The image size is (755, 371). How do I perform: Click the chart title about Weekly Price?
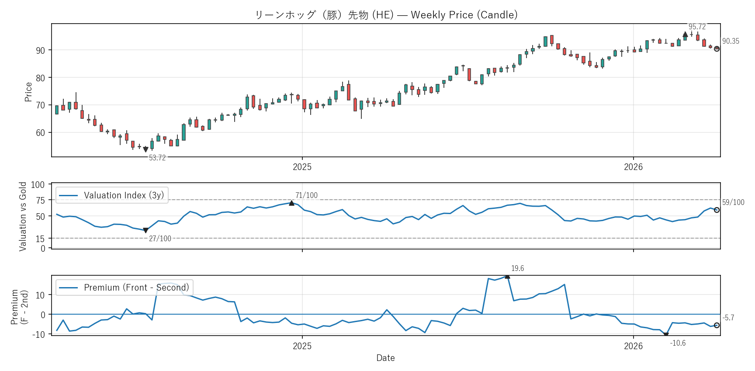point(386,15)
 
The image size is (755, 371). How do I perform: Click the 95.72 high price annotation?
point(697,27)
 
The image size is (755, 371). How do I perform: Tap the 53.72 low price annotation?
point(157,158)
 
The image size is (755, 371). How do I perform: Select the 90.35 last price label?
point(731,41)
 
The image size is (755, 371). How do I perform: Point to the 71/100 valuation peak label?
point(306,195)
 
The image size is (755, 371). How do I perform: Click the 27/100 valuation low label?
point(160,239)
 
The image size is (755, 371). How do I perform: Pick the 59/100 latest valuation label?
point(733,202)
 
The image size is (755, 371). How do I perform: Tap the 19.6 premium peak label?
point(517,268)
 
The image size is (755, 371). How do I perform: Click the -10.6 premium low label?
point(678,343)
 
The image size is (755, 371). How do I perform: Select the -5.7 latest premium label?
point(728,318)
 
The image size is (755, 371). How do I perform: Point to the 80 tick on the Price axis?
point(40,78)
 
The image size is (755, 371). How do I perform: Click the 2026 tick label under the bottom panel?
point(633,346)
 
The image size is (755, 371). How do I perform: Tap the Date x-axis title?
point(385,358)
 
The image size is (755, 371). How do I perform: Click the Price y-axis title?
point(28,92)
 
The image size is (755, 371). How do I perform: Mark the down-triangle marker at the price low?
point(145,149)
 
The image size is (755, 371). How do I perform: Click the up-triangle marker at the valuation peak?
point(291,203)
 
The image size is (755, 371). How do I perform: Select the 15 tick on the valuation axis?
point(40,239)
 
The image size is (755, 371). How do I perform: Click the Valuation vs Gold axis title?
point(23,216)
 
